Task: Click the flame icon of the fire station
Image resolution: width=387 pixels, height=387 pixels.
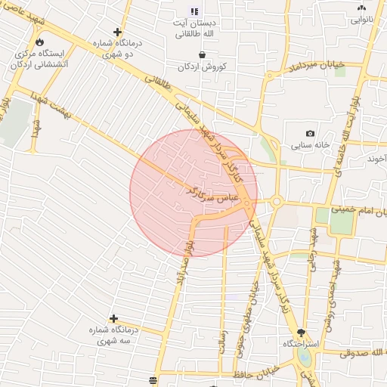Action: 39,42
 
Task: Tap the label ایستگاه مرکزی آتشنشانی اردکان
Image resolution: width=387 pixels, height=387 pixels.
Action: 40,60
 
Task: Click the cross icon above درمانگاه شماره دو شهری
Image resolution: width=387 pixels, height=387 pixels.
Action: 117,32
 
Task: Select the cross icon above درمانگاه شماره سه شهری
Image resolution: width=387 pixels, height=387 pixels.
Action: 113,319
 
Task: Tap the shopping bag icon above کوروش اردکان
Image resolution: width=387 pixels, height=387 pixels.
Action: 203,54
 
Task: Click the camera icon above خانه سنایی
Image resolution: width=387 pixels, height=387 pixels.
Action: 310,133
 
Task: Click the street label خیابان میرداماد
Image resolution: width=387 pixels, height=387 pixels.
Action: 316,67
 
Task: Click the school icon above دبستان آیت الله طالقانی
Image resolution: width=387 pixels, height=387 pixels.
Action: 194,11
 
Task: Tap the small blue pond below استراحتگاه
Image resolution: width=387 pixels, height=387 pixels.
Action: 305,357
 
